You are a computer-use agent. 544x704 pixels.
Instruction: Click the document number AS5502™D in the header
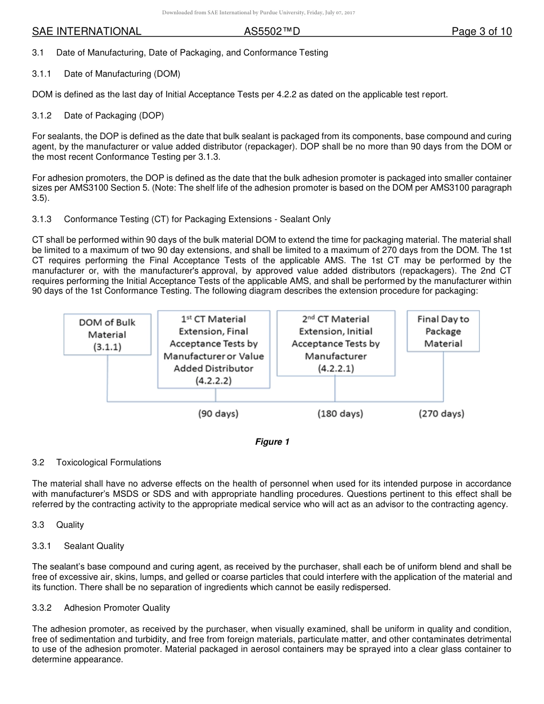click(272, 31)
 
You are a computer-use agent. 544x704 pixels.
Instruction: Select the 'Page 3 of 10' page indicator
click(482, 31)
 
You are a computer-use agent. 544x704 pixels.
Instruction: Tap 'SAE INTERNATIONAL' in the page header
click(86, 31)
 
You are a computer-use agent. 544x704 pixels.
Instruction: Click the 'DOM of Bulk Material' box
click(108, 334)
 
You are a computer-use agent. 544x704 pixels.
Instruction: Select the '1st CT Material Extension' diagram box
click(214, 349)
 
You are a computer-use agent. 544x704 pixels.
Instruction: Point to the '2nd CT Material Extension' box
click(336, 342)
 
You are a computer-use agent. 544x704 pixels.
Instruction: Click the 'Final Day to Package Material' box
click(443, 331)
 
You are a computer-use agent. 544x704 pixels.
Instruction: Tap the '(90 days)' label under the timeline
click(218, 413)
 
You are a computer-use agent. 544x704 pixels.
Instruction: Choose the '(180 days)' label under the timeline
click(340, 413)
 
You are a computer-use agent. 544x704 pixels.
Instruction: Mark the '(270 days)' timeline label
click(441, 413)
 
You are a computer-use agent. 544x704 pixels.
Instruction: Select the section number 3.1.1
click(42, 74)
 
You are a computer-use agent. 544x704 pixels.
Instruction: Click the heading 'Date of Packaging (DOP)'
click(114, 116)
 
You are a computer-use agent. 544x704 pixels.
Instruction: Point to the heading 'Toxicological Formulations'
click(109, 462)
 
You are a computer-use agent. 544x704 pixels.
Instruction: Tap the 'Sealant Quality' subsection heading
click(94, 546)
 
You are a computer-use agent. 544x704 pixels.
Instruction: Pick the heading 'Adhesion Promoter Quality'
click(117, 608)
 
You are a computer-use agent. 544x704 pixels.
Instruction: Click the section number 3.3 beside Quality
click(38, 525)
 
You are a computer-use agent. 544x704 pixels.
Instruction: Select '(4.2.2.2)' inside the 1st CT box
click(214, 380)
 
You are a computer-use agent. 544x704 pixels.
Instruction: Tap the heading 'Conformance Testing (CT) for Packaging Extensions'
click(197, 219)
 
